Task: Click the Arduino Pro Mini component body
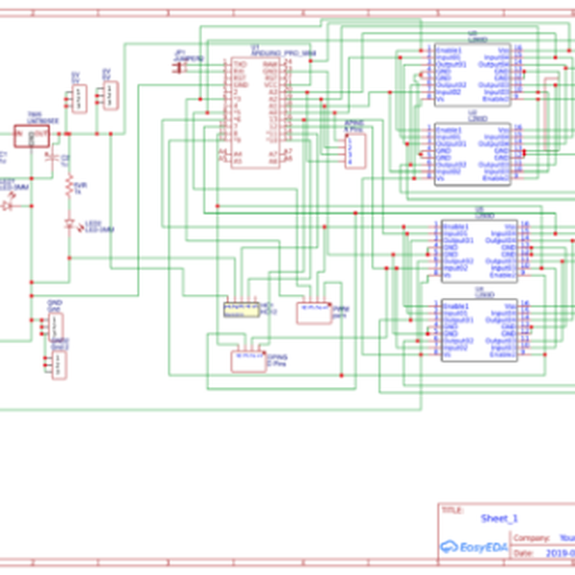click(x=255, y=113)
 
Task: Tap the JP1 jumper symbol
click(x=181, y=65)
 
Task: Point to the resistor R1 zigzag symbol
click(x=68, y=186)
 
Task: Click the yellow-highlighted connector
click(x=239, y=309)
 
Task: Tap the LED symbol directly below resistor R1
click(x=68, y=224)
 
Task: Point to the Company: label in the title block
click(x=533, y=539)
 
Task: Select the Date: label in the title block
click(x=523, y=554)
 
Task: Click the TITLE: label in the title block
click(x=450, y=511)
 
